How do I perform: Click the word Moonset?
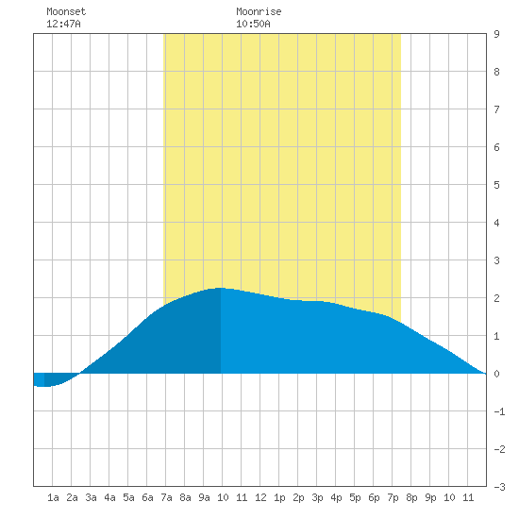(x=66, y=11)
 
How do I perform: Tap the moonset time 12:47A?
(x=63, y=24)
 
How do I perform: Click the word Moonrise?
(x=259, y=11)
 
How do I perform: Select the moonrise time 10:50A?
(x=253, y=24)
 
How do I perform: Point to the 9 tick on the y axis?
(x=496, y=34)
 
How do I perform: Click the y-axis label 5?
(x=496, y=185)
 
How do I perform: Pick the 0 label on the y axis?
(x=496, y=374)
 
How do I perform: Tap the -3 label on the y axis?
(x=500, y=487)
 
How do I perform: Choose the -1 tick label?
(x=500, y=411)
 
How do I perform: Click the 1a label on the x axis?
(x=53, y=497)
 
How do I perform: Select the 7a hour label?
(x=166, y=497)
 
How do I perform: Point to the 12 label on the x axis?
(x=260, y=497)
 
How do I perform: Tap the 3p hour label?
(x=317, y=497)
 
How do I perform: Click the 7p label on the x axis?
(x=393, y=497)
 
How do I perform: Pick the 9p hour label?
(x=430, y=497)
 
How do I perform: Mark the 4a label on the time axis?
(x=109, y=497)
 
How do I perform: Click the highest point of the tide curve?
(x=220, y=288)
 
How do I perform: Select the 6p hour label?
(x=374, y=497)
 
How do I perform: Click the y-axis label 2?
(x=496, y=298)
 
